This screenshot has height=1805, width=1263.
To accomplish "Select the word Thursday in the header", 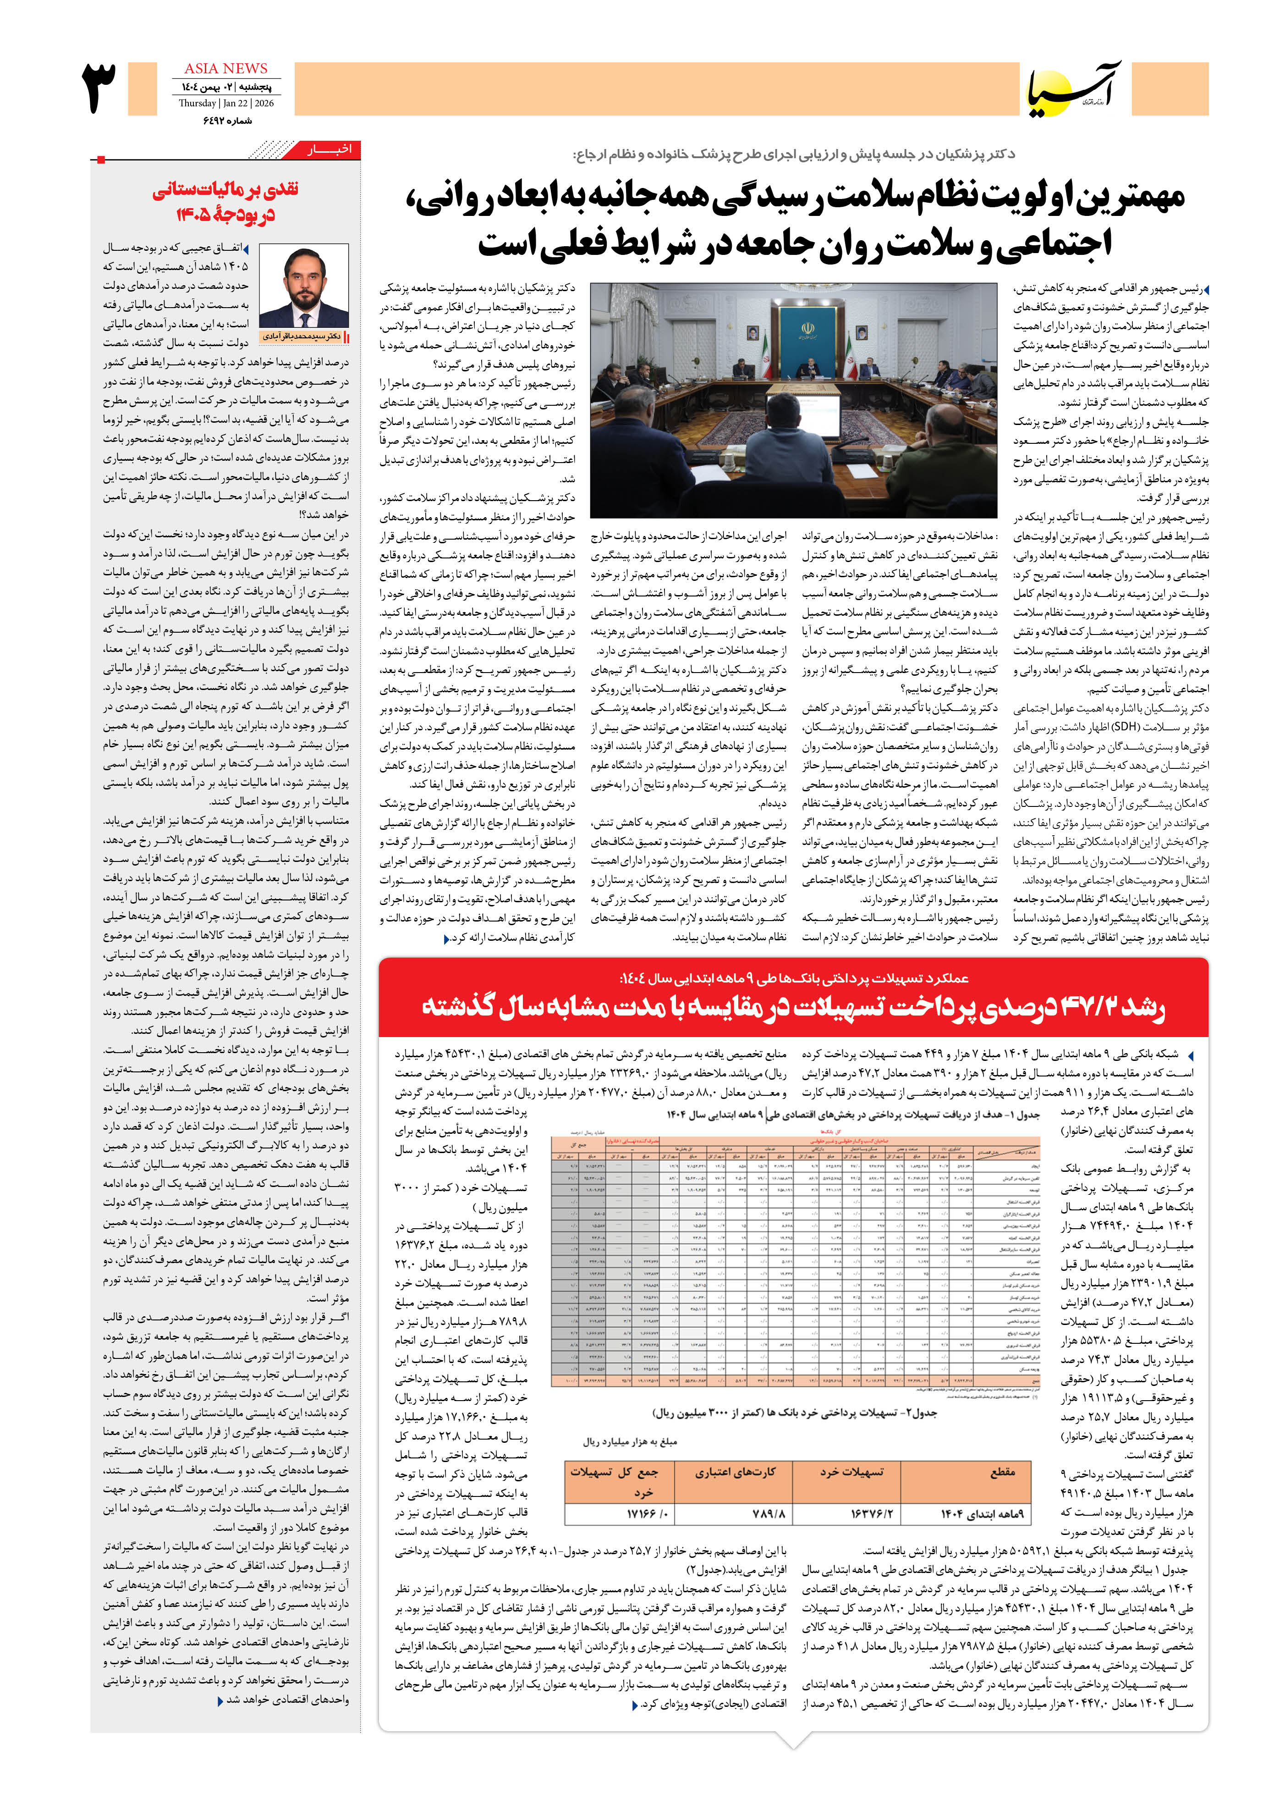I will point(197,103).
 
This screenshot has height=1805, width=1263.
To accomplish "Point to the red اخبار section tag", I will point(329,149).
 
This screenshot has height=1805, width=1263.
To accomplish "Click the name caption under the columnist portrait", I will point(302,336).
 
